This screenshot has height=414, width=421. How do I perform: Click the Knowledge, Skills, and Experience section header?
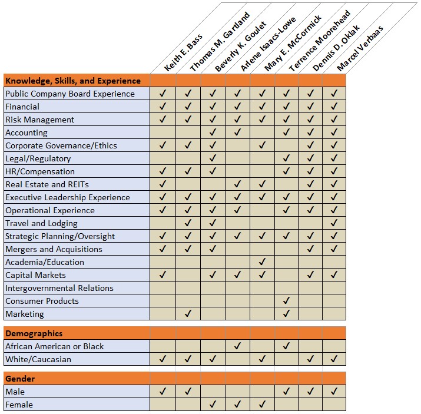pos(73,81)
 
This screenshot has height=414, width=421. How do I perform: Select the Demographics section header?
pos(34,333)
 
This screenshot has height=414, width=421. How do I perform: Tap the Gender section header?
pos(20,379)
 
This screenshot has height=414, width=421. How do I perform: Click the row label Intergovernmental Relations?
pos(59,288)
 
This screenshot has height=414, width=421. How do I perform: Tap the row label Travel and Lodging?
pos(41,223)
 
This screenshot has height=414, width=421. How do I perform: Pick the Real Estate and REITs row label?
pos(47,184)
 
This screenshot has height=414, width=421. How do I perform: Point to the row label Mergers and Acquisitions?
pos(54,249)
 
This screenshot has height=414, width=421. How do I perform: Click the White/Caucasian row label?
pos(38,359)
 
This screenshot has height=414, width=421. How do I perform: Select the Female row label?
pos(19,405)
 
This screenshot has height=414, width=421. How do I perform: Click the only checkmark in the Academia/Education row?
pos(262,262)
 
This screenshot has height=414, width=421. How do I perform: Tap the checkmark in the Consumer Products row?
pos(286,301)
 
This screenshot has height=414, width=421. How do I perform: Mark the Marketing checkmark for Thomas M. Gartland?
pos(188,314)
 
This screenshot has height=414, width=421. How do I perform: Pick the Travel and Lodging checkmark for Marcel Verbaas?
pos(334,223)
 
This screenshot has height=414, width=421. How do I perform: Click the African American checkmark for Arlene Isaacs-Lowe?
pos(237,346)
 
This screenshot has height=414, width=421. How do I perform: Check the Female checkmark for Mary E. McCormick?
pos(262,405)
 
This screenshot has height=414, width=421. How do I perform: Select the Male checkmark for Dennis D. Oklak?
pos(310,392)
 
